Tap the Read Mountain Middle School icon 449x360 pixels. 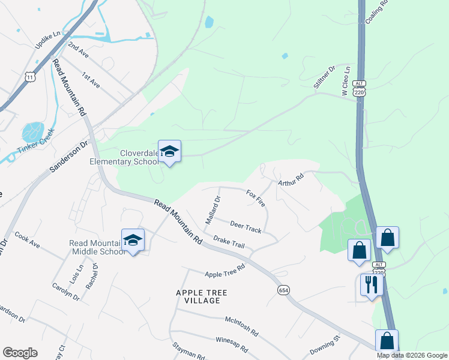coord(133,241)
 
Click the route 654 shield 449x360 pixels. coord(284,290)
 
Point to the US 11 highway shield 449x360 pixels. coord(31,76)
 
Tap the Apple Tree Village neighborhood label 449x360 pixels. coord(197,296)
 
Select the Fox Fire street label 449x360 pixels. coord(256,198)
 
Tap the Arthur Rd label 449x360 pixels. coord(291,178)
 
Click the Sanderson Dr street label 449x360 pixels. coord(68,158)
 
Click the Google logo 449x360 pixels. coord(20,353)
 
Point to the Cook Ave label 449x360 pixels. coord(27,240)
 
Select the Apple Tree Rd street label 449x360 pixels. coord(225,271)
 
